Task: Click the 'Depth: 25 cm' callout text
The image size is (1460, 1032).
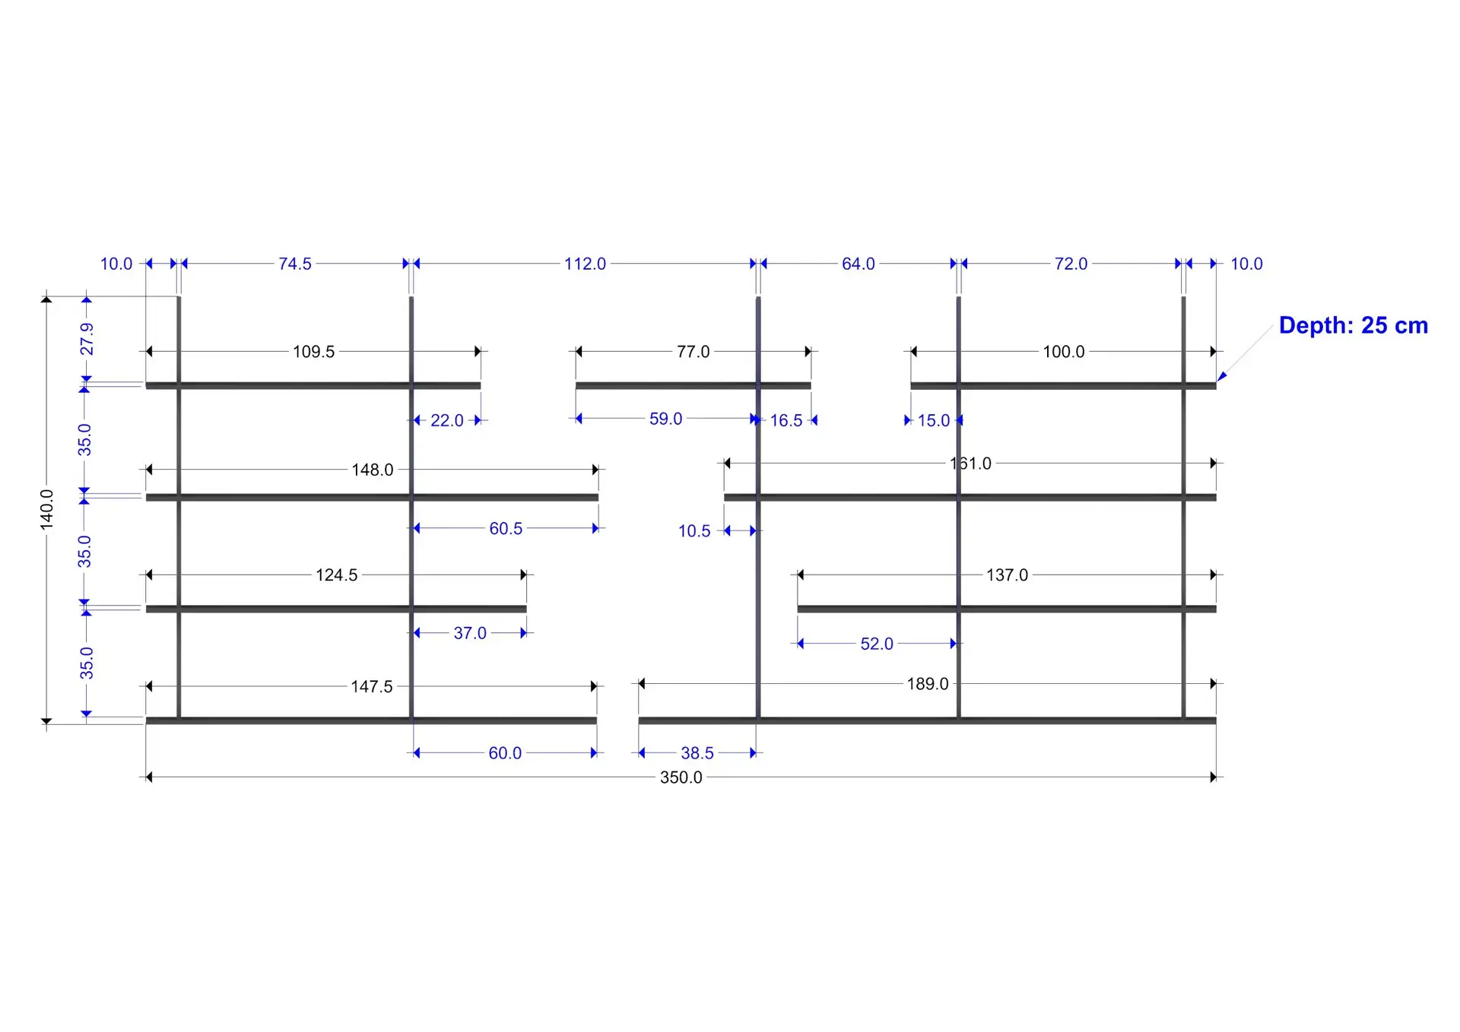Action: (x=1353, y=325)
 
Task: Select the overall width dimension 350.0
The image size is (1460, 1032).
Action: (x=681, y=777)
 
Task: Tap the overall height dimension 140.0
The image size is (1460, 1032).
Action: (x=47, y=509)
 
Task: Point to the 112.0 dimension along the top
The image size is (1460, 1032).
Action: (x=585, y=264)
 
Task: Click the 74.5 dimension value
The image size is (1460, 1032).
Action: (x=295, y=264)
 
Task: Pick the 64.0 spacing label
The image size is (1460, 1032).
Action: (x=859, y=264)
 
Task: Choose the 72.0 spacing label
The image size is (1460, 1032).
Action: (x=1071, y=264)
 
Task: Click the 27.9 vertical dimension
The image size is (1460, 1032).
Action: (x=87, y=339)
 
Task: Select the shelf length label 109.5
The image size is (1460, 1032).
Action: (x=313, y=352)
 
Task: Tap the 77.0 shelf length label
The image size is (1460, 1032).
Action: (x=693, y=352)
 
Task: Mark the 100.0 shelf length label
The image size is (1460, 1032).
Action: (x=1063, y=352)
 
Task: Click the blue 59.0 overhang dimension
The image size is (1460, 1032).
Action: (x=665, y=419)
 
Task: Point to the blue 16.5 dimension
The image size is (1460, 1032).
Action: (x=786, y=420)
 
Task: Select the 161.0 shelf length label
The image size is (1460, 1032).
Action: (x=971, y=464)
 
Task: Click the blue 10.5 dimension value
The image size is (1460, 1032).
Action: (x=694, y=531)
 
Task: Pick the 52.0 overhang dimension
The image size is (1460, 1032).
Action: (x=877, y=644)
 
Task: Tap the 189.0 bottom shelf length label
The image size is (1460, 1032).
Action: (x=928, y=684)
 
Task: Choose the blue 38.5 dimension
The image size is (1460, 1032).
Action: (x=697, y=753)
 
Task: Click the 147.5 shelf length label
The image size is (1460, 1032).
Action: (x=372, y=687)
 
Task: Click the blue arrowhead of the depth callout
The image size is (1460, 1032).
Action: (x=1222, y=376)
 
